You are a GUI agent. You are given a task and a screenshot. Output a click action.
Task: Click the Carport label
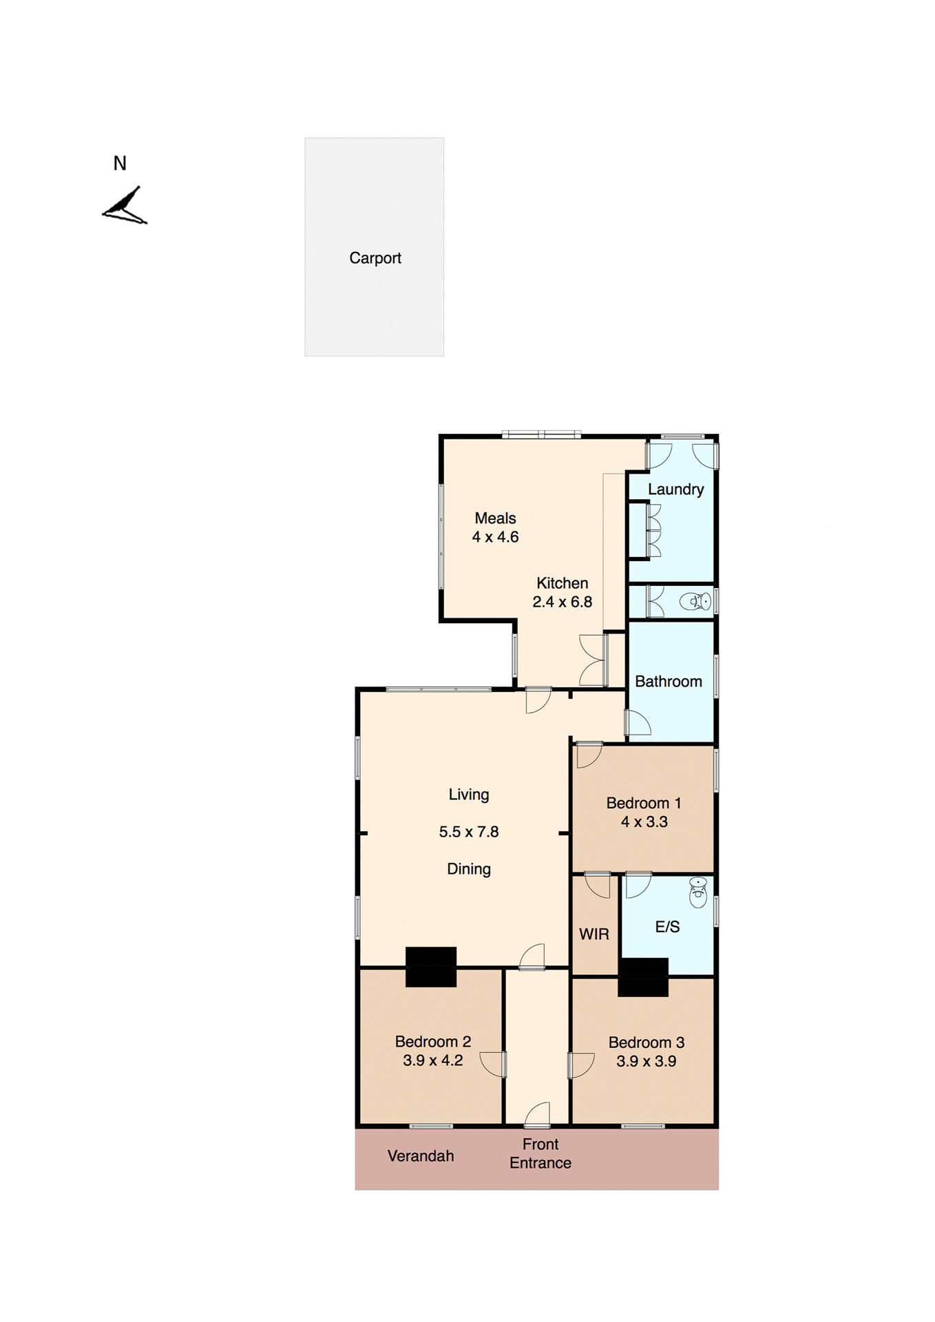pyautogui.click(x=375, y=258)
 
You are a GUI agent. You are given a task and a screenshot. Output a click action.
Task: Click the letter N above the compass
pyautogui.click(x=120, y=164)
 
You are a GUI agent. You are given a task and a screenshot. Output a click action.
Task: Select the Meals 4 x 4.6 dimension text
pyautogui.click(x=495, y=537)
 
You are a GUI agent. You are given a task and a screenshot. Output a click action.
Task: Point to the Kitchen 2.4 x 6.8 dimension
pyautogui.click(x=562, y=602)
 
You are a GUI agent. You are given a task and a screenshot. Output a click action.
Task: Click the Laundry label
pyautogui.click(x=675, y=490)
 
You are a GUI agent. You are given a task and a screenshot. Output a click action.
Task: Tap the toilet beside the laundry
pyautogui.click(x=696, y=602)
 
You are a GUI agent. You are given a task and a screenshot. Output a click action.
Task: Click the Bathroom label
pyautogui.click(x=668, y=682)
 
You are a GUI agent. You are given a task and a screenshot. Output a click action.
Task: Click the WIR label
pyautogui.click(x=593, y=934)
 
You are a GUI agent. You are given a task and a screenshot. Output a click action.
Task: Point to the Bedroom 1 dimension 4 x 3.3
pyautogui.click(x=644, y=821)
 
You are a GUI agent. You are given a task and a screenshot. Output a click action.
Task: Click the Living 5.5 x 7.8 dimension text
pyautogui.click(x=469, y=832)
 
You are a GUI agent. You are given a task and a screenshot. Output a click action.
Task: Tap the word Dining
pyautogui.click(x=469, y=869)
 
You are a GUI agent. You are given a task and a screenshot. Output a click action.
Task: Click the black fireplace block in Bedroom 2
pyautogui.click(x=431, y=967)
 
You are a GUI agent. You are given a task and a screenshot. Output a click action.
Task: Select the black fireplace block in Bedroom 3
pyautogui.click(x=642, y=977)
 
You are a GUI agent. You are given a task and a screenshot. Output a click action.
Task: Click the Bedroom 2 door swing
pyautogui.click(x=493, y=1064)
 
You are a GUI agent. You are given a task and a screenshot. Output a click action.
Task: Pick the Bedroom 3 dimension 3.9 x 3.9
pyautogui.click(x=646, y=1061)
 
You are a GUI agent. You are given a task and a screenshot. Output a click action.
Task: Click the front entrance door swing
pyautogui.click(x=538, y=1115)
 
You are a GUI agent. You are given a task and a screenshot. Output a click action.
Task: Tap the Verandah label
pyautogui.click(x=420, y=1156)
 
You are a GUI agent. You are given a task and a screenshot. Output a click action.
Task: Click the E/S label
pyautogui.click(x=667, y=927)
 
